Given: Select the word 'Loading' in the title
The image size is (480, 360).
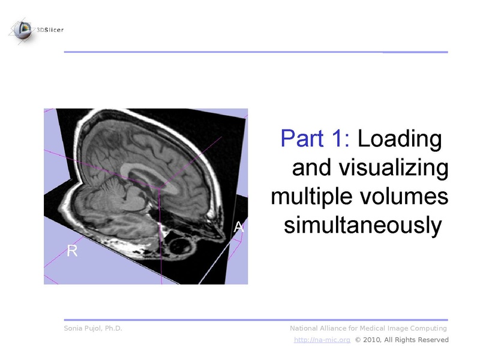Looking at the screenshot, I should point(400,139).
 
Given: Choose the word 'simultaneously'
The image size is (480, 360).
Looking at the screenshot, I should point(362,226).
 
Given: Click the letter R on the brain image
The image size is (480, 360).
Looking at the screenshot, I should point(72,251).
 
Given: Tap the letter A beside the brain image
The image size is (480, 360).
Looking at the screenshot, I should point(239,227).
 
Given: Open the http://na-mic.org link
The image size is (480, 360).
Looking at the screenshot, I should point(322,340).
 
